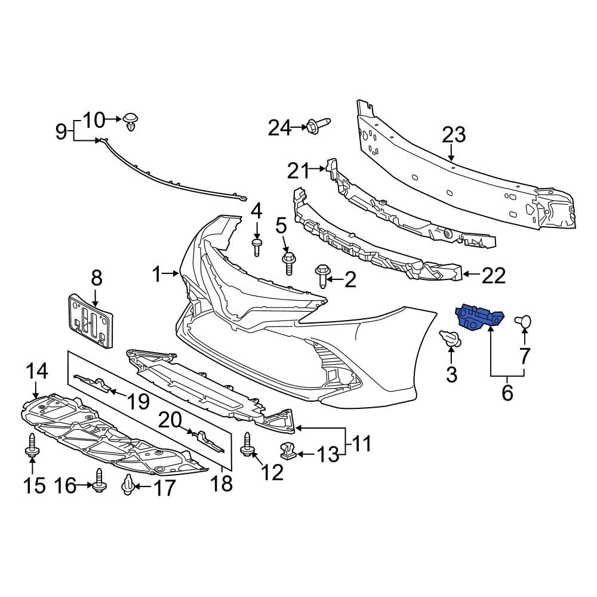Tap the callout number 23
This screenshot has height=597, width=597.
tap(453, 135)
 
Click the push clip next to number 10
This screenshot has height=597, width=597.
tap(131, 122)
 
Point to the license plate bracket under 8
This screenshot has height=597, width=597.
tap(90, 319)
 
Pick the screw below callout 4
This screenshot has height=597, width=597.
tap(257, 246)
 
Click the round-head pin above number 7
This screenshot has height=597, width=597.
tap(524, 323)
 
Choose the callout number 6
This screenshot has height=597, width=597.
tap(507, 393)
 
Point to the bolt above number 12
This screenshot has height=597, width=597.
tap(247, 445)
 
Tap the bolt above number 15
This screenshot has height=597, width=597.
tap(31, 447)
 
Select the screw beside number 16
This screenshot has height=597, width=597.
tap(99, 479)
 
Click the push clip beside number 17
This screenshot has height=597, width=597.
tap(128, 486)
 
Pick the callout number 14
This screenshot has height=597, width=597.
tap(36, 372)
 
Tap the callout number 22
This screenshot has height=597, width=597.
tap(493, 276)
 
